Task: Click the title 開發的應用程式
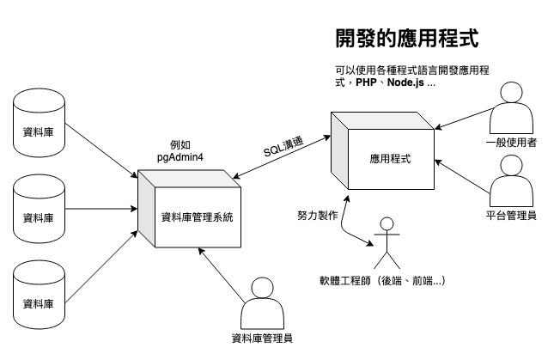pyautogui.click(x=407, y=38)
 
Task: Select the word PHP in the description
pyautogui.click(x=366, y=82)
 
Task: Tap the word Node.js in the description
pyautogui.click(x=405, y=82)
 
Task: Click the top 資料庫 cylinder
pyautogui.click(x=39, y=123)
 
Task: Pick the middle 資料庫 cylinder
pyautogui.click(x=39, y=209)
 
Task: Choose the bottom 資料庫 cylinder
pyautogui.click(x=39, y=295)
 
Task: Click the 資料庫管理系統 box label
pyautogui.click(x=198, y=217)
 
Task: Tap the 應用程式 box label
pyautogui.click(x=390, y=158)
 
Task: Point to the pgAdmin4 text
pyautogui.click(x=180, y=157)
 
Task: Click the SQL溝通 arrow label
pyautogui.click(x=283, y=146)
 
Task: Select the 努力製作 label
pyautogui.click(x=318, y=215)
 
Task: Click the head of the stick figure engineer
pyautogui.click(x=387, y=224)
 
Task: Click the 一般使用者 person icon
pyautogui.click(x=511, y=107)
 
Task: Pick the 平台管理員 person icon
pyautogui.click(x=511, y=180)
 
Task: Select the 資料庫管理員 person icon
pyautogui.click(x=262, y=303)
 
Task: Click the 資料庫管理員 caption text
pyautogui.click(x=262, y=338)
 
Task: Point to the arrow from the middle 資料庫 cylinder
pyautogui.click(x=101, y=209)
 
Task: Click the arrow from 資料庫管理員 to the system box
pyautogui.click(x=221, y=275)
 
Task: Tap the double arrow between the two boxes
pyautogui.click(x=282, y=156)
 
